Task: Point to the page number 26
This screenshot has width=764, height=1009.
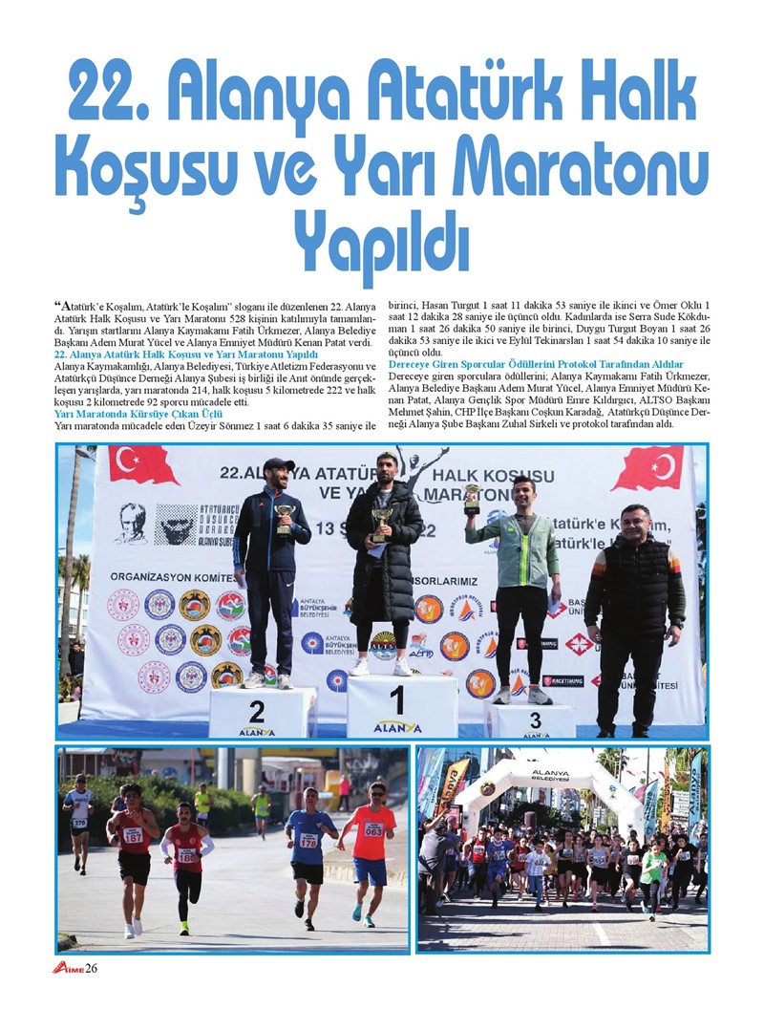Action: [92, 968]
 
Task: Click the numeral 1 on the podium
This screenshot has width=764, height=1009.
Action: [396, 700]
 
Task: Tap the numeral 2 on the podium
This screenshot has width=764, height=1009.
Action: [256, 712]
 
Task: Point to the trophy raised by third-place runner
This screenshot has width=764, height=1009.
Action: [472, 498]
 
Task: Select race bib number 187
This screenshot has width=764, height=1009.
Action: [132, 834]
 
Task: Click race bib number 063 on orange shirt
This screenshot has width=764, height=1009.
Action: [373, 829]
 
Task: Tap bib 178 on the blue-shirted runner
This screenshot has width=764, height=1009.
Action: [308, 841]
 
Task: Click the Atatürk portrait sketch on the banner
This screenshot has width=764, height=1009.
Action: [132, 523]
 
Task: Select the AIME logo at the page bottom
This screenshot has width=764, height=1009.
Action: [68, 968]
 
